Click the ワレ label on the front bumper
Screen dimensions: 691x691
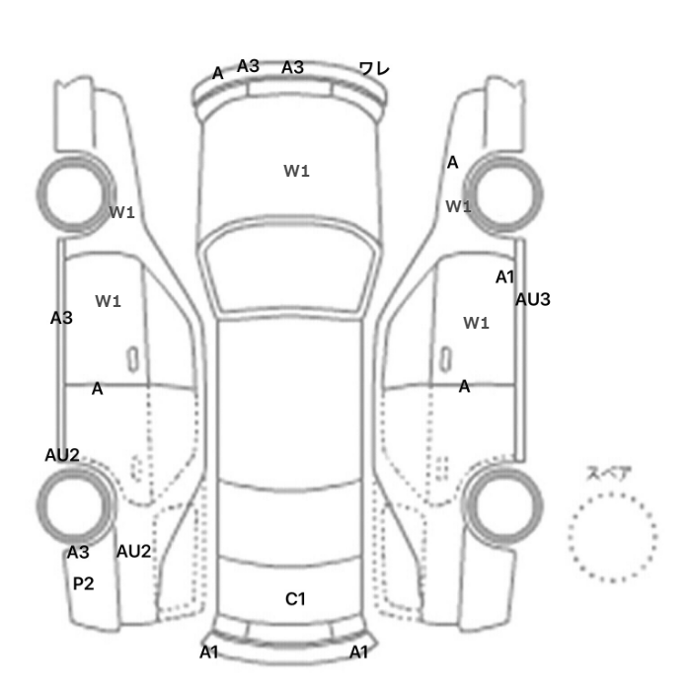pos(374,69)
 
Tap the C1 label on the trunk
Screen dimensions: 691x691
pos(295,599)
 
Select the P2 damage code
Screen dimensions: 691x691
pos(83,583)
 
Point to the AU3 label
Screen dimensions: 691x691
pos(533,300)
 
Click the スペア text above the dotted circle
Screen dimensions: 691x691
pos(603,473)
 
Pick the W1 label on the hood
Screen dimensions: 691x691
pos(296,171)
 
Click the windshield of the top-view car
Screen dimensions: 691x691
pos(288,266)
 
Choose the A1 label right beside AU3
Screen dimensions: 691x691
pos(505,277)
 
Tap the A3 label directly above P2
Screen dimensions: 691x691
pos(78,552)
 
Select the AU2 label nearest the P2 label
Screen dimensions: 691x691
pos(133,551)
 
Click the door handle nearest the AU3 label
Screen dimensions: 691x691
pos(446,359)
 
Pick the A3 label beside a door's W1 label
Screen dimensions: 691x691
pos(61,318)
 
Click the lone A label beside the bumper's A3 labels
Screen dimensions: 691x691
pos(218,73)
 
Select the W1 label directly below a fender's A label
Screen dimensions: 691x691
pos(458,206)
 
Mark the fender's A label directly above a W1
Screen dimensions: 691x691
pos(452,163)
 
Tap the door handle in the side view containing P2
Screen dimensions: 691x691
pos(132,359)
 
